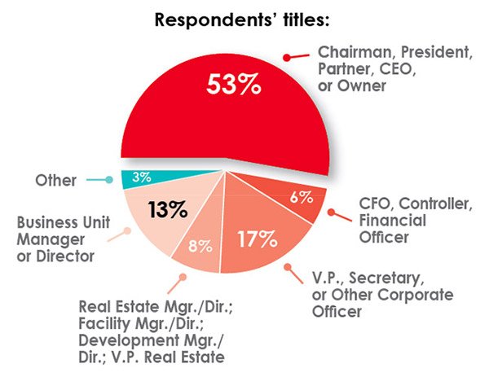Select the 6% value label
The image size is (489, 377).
point(302,198)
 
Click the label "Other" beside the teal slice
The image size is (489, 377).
point(54,180)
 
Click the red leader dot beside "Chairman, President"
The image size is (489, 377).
point(286,57)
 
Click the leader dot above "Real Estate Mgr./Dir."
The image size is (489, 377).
point(183,278)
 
